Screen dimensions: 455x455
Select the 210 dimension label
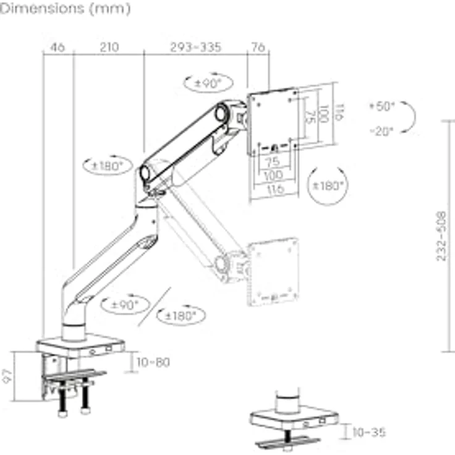(x=109, y=47)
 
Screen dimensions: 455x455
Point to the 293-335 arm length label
(x=196, y=47)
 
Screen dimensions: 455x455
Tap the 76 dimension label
(x=258, y=47)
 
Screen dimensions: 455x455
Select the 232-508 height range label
(x=441, y=236)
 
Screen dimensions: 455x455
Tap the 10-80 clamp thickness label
(x=153, y=362)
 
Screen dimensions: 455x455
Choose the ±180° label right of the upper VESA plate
(x=328, y=185)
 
